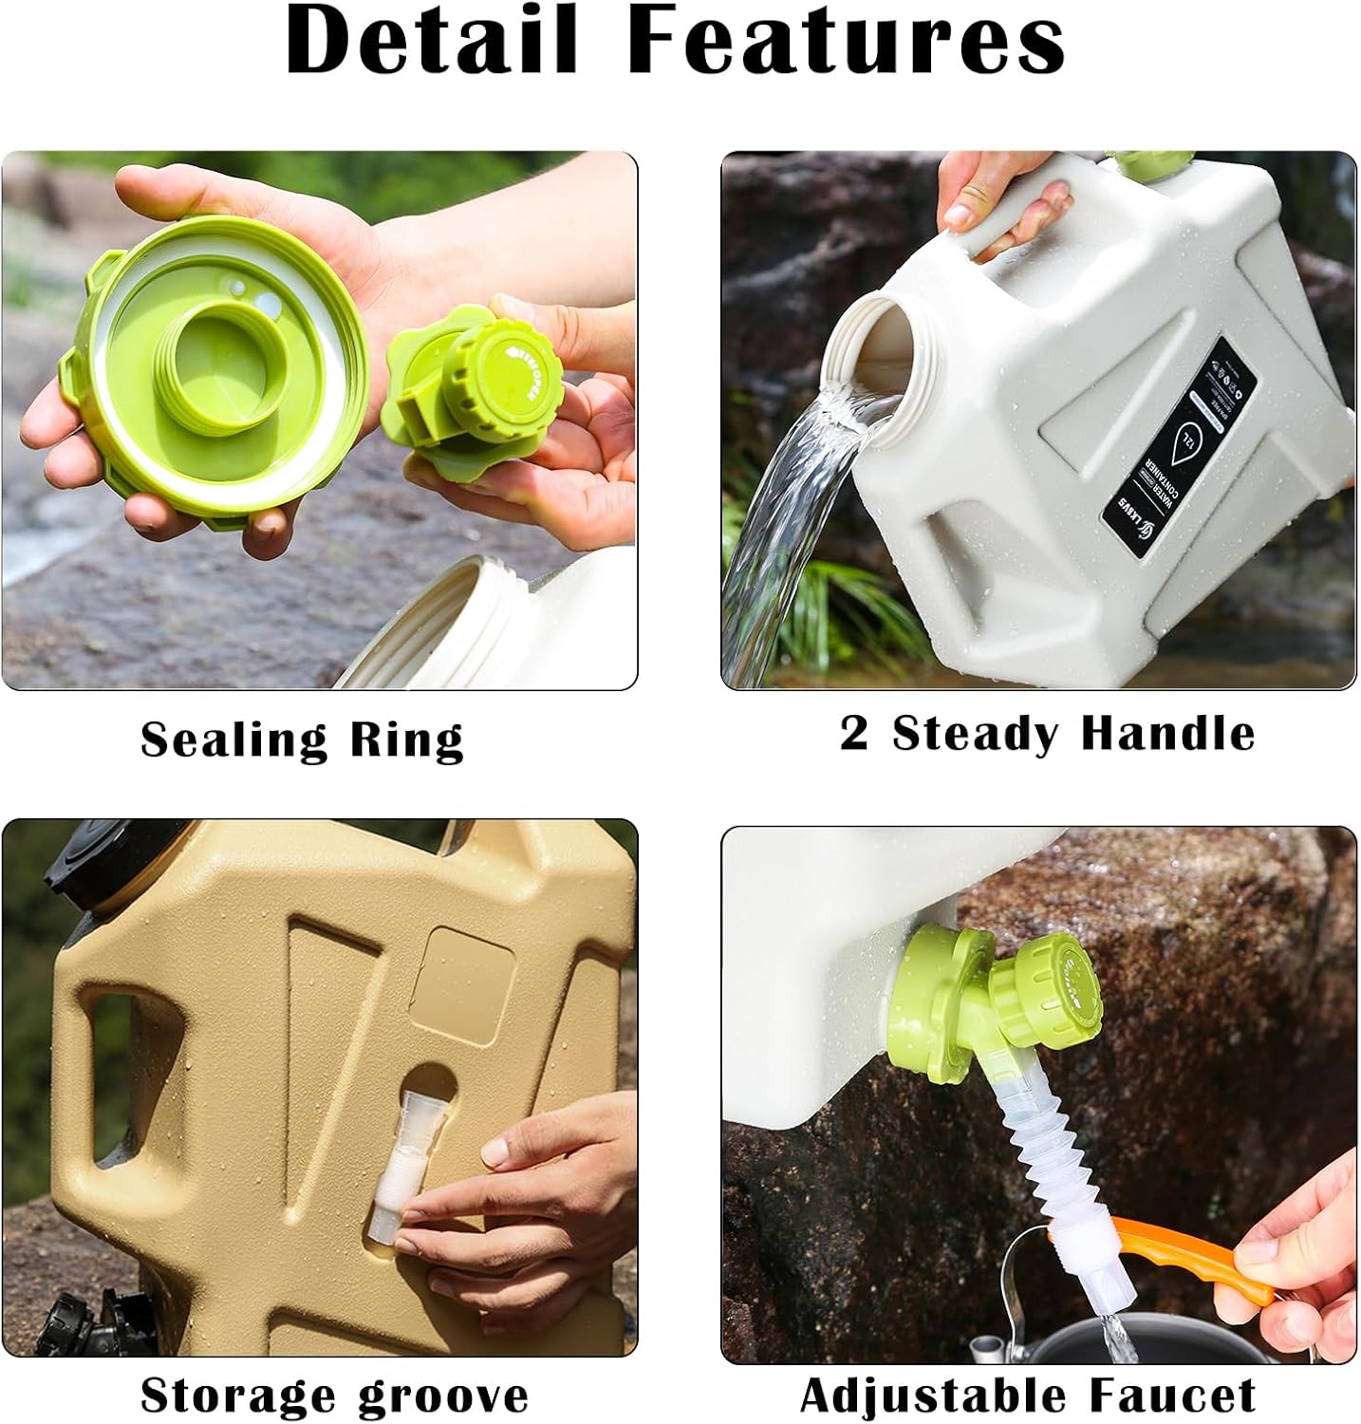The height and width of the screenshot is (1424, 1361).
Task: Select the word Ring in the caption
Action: [x=407, y=740]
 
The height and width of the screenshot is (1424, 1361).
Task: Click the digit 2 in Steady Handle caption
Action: [x=853, y=734]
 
